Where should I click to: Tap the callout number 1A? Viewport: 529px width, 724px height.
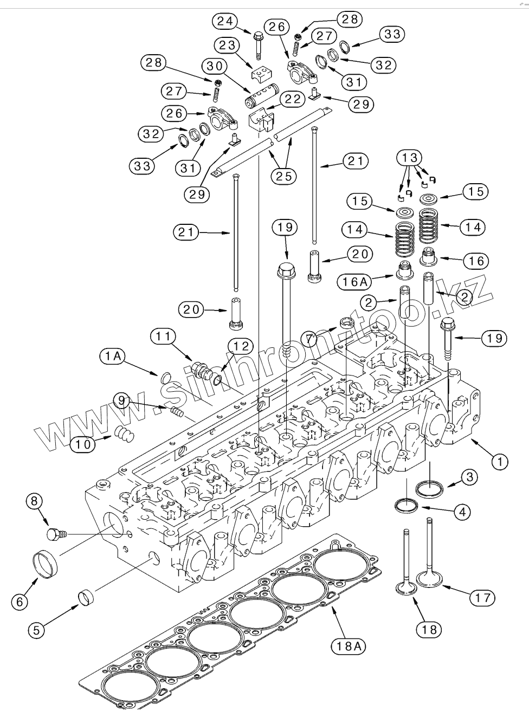tap(112, 356)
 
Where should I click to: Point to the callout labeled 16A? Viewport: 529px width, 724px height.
tap(354, 282)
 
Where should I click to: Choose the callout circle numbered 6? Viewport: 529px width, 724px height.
tap(20, 602)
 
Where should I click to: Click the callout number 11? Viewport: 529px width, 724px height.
tap(163, 337)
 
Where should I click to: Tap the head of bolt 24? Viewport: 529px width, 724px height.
tap(257, 36)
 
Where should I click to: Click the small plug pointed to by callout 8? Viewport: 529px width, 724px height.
tap(54, 534)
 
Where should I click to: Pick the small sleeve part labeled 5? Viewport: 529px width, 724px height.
tap(87, 598)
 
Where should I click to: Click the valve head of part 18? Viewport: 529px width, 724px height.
tap(405, 588)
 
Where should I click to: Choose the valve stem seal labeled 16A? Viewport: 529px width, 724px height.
tap(403, 269)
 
